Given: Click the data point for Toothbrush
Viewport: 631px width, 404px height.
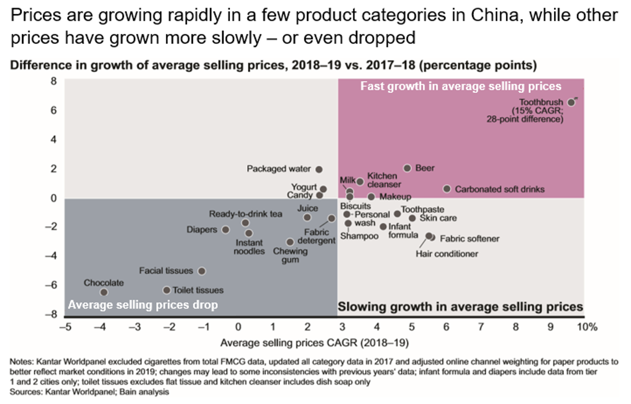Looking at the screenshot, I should (x=571, y=102).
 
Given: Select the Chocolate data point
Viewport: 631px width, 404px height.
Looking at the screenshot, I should (x=104, y=292).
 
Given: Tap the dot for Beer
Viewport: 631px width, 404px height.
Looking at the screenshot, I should (x=407, y=168).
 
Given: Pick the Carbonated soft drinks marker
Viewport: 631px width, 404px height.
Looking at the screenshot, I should (x=447, y=189).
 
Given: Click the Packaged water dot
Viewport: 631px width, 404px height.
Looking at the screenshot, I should (x=319, y=169).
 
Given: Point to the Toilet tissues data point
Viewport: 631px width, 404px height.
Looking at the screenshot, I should (x=167, y=290).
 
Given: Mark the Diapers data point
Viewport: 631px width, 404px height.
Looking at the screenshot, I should (x=226, y=230).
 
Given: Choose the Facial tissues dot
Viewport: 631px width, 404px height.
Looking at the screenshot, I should (x=201, y=271).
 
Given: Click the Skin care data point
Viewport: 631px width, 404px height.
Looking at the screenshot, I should (x=412, y=218).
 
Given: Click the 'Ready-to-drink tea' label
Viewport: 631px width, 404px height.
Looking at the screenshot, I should (x=245, y=214).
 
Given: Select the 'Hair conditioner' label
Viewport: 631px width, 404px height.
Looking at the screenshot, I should (x=447, y=254).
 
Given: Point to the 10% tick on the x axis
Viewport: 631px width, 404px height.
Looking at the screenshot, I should (x=586, y=327).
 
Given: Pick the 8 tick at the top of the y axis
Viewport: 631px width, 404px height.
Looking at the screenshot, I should (x=53, y=82).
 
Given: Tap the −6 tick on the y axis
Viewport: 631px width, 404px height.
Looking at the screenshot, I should (x=52, y=285).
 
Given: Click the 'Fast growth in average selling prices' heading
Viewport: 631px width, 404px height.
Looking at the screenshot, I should (x=461, y=86).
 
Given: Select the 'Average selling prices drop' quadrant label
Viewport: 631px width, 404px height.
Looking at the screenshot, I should (x=143, y=305).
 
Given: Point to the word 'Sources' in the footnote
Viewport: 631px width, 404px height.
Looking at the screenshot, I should (x=25, y=392).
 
